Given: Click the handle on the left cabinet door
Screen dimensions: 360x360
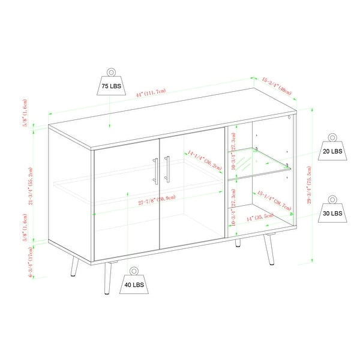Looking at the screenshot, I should tap(156, 170).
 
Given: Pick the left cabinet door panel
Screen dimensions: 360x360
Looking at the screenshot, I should tap(127, 204).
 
